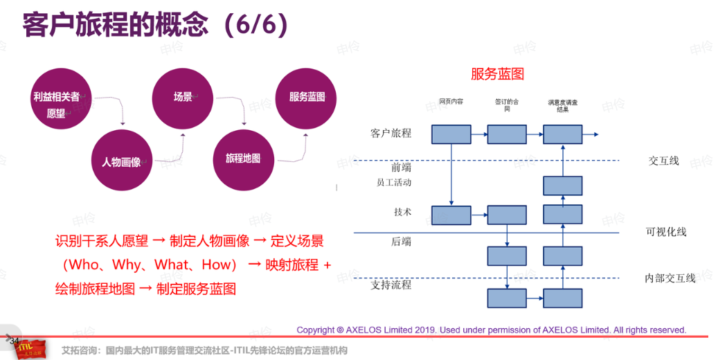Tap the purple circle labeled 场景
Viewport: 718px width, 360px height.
pyautogui.click(x=183, y=97)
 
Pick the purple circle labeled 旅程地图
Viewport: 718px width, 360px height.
pyautogui.click(x=243, y=159)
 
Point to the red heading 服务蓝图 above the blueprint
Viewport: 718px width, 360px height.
pyautogui.click(x=497, y=74)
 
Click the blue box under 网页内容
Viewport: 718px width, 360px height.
pyautogui.click(x=451, y=134)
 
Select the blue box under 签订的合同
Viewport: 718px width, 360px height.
pyautogui.click(x=507, y=134)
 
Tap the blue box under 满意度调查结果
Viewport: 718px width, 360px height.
pyautogui.click(x=562, y=134)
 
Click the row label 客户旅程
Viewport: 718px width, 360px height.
pyautogui.click(x=391, y=134)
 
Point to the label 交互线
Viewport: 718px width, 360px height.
pyautogui.click(x=663, y=161)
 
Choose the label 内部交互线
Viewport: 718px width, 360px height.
pyautogui.click(x=670, y=278)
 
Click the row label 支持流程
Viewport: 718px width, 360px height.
pyautogui.click(x=391, y=285)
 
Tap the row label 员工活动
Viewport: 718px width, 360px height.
pyautogui.click(x=394, y=183)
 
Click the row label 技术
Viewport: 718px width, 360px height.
pyautogui.click(x=402, y=212)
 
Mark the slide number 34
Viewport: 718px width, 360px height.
pyautogui.click(x=14, y=340)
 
